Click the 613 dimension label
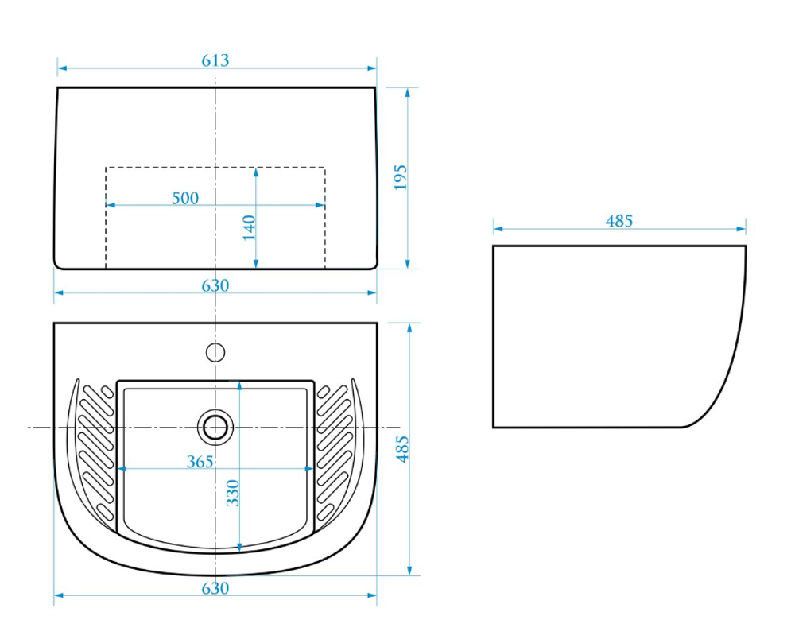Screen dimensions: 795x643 215,60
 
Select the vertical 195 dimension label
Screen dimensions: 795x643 401,176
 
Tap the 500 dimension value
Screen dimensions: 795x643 185,198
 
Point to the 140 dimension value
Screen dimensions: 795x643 249,227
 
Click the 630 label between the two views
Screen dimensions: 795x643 215,286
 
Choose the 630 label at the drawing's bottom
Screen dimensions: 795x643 215,588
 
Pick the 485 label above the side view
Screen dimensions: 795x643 619,221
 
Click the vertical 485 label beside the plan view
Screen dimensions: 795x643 402,448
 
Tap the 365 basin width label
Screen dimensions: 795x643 200,462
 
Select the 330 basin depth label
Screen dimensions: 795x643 232,493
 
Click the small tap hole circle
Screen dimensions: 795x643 215,352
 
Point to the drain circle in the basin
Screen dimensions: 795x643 215,427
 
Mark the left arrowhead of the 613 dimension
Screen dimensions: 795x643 62,68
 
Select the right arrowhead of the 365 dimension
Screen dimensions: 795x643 308,469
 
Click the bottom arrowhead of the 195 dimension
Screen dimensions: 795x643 408,264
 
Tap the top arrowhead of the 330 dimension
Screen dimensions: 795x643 239,386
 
